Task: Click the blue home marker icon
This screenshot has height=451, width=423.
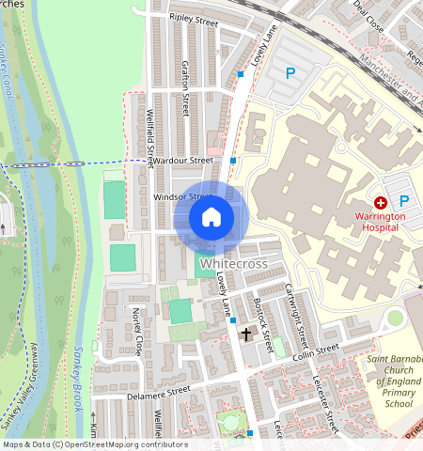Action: click(x=211, y=218)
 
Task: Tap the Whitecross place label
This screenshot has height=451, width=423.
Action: click(x=233, y=264)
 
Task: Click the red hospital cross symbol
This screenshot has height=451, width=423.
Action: click(x=381, y=202)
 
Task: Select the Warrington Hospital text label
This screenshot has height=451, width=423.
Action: click(x=380, y=222)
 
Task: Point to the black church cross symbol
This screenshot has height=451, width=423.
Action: click(x=246, y=334)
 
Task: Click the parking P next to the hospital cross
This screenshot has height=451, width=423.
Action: click(x=404, y=201)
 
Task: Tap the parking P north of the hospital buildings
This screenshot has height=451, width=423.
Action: click(x=290, y=72)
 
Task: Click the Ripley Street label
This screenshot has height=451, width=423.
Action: click(x=193, y=18)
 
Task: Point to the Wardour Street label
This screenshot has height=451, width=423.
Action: click(x=183, y=161)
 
